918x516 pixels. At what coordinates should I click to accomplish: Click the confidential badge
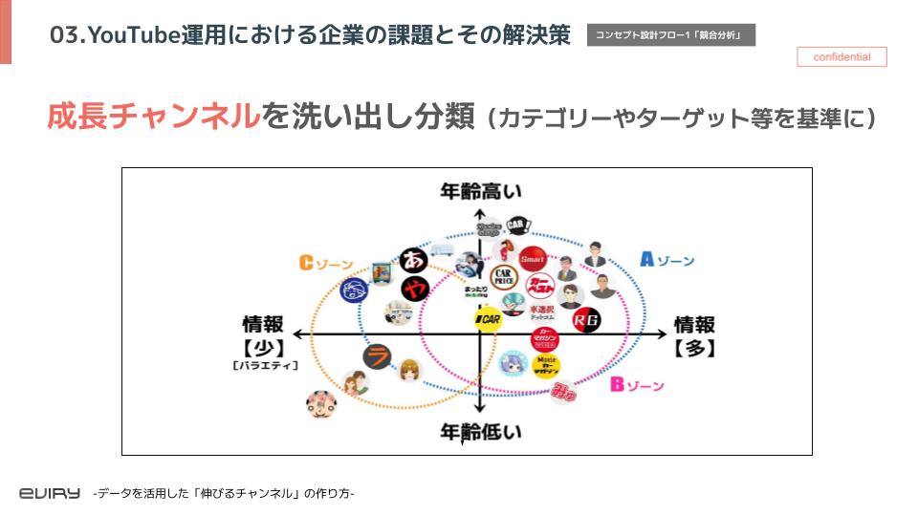pos(841,57)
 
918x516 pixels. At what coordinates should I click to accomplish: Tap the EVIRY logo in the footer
pos(50,493)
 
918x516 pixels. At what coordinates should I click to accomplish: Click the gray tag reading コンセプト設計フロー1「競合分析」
pos(671,35)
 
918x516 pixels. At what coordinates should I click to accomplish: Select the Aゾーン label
pos(667,260)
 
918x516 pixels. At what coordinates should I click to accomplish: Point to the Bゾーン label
pos(637,385)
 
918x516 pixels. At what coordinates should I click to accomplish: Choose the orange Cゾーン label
pos(326,264)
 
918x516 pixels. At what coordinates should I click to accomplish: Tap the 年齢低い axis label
pos(480,432)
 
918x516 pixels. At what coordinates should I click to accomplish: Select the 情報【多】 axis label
pos(695,335)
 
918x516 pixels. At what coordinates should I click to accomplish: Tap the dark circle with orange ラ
pos(378,356)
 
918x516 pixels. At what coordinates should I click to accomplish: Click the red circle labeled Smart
pos(532,259)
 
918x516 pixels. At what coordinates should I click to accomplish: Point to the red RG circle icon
pos(585,321)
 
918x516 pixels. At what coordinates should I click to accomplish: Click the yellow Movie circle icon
pos(546,365)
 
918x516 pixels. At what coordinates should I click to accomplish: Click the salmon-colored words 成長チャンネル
pos(153,117)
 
